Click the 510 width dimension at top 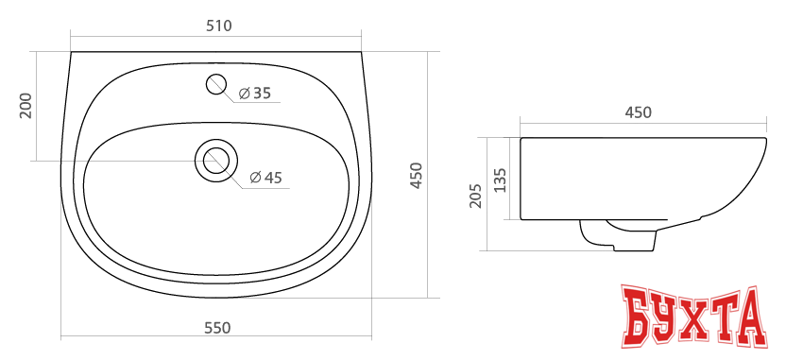[x=218, y=26]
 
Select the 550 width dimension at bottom [x=217, y=328]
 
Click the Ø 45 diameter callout [x=266, y=178]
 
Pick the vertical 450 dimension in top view [x=417, y=176]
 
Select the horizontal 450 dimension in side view [x=639, y=112]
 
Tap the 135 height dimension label [x=501, y=179]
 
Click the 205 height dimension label [x=476, y=195]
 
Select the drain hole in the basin [x=216, y=160]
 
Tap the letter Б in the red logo [x=640, y=318]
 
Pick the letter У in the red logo [x=673, y=318]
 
